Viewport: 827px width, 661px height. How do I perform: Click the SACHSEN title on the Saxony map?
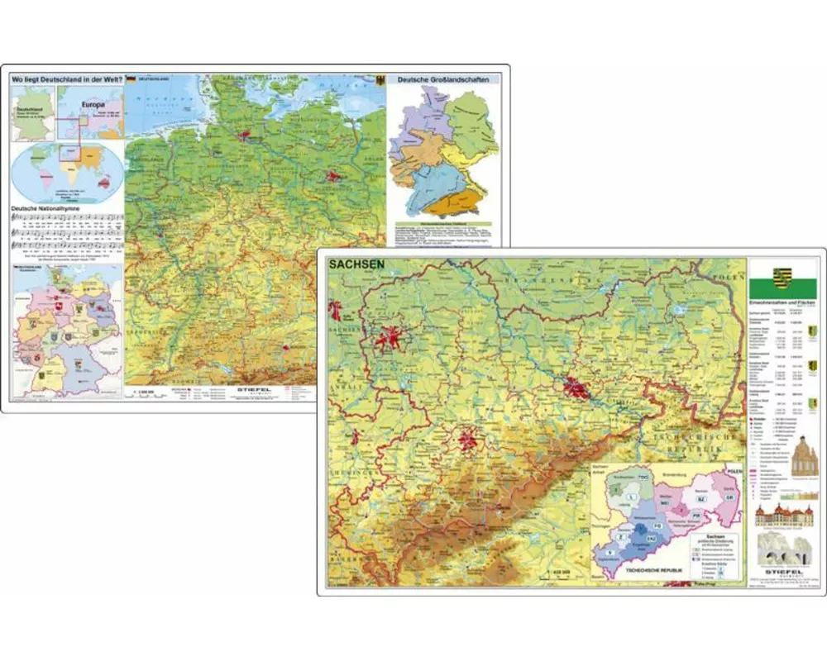pos(357,265)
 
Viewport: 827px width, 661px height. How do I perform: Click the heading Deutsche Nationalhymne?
pos(50,209)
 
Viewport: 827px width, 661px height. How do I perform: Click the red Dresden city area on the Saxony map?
pos(576,386)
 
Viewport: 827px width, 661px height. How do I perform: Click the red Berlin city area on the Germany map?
pos(333,175)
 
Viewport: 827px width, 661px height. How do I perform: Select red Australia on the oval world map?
pos(107,183)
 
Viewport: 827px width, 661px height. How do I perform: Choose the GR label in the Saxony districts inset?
pos(727,497)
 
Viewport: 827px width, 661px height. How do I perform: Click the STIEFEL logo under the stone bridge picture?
pos(782,570)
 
